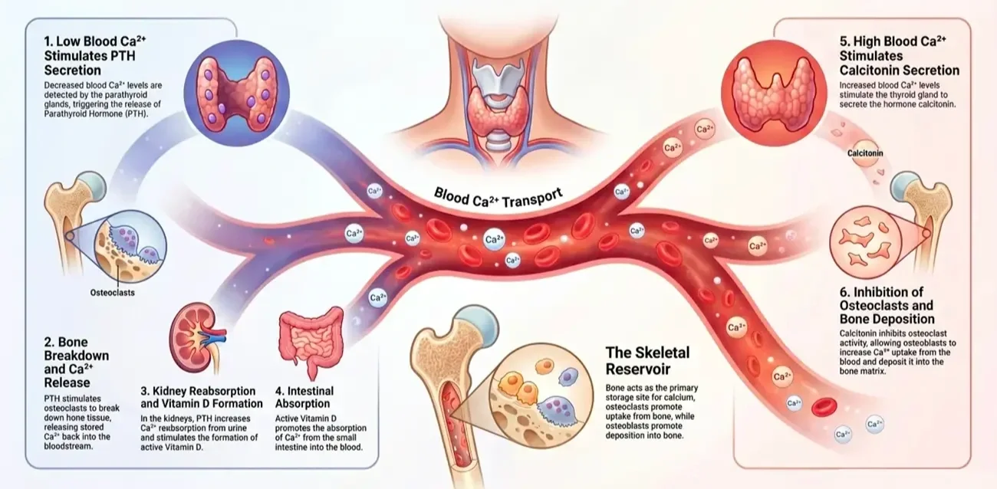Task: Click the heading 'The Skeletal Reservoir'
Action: [x=647, y=361]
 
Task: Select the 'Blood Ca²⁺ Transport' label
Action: [x=498, y=195]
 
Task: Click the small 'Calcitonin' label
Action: [x=865, y=153]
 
